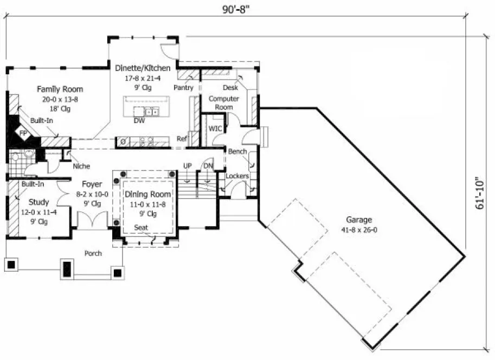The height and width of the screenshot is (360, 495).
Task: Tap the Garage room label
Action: (x=359, y=220)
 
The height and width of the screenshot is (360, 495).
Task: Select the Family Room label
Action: (x=60, y=89)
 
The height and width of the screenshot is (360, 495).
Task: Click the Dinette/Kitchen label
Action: (x=143, y=68)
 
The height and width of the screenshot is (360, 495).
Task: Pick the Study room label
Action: (x=39, y=202)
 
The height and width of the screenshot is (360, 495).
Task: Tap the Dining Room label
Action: (x=148, y=194)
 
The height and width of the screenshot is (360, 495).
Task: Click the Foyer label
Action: (x=92, y=184)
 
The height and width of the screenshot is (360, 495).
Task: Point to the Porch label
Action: (x=93, y=253)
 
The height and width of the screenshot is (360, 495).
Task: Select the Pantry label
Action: (x=184, y=87)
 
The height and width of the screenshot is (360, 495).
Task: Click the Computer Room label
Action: (x=224, y=103)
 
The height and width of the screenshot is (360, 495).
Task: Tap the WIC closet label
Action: (x=215, y=128)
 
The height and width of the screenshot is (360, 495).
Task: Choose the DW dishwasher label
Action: (x=139, y=121)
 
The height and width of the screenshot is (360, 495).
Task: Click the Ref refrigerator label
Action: (x=182, y=139)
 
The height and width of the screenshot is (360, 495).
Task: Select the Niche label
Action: (x=81, y=166)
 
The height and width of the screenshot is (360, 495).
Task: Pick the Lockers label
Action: (x=237, y=176)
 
